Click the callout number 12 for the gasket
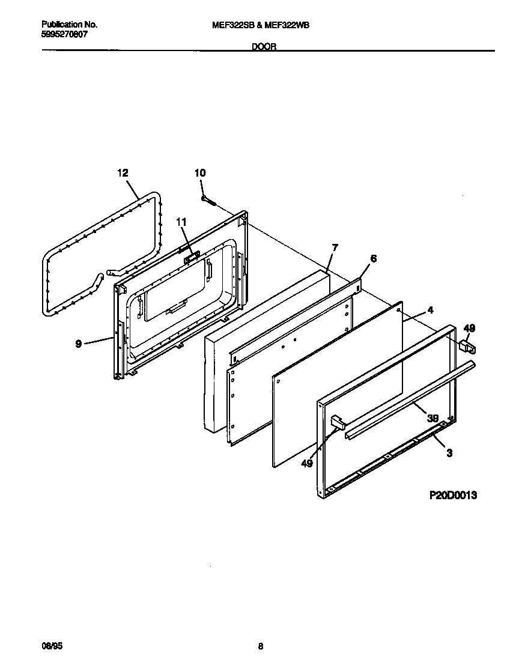pos(123,173)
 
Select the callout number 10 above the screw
pos(199,173)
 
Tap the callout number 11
pos(181,222)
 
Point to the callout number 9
pos(79,344)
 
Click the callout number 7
pos(335,247)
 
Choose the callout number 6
pos(373,258)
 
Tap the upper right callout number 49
pos(469,328)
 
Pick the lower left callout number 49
pos(307,463)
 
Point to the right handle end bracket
pos(467,347)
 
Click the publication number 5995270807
pos(65,35)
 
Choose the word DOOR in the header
pos(264,47)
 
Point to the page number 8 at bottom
pos(260,646)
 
